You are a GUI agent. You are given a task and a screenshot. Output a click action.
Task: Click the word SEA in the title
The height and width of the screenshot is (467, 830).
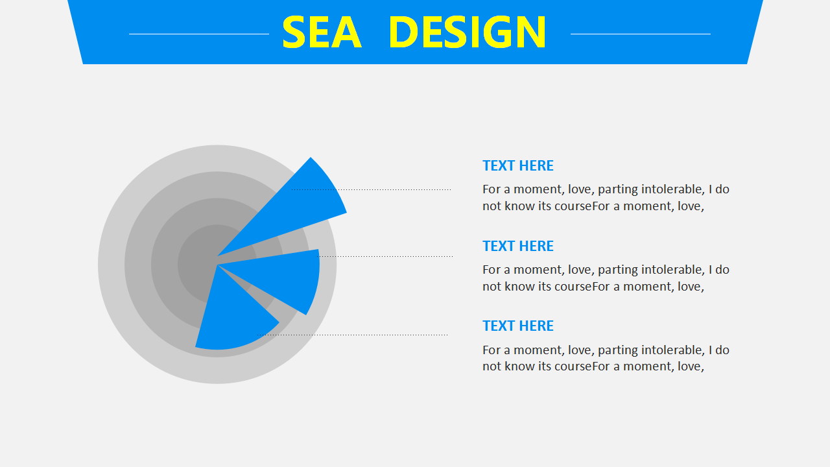click(x=322, y=32)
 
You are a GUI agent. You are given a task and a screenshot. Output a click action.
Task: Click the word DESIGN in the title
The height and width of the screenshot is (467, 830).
click(x=468, y=32)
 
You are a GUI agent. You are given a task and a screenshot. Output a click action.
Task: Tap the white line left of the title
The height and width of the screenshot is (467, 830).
click(x=199, y=34)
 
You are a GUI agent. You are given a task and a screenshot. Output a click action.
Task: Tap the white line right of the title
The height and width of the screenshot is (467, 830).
click(x=641, y=34)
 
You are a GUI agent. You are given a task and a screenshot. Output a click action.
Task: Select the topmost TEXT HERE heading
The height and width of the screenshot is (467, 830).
click(x=518, y=165)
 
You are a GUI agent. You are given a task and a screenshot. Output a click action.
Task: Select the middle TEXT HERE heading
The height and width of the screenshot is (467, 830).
click(x=518, y=246)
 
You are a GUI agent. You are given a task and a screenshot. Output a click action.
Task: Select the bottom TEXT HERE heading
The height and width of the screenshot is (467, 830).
click(x=518, y=326)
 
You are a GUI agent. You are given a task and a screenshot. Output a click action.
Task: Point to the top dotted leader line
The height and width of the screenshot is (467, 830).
click(x=372, y=190)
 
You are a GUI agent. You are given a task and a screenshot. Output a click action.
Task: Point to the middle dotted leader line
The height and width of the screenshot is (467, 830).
click(x=385, y=256)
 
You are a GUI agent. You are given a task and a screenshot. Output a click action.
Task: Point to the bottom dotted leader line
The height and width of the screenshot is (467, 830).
click(x=352, y=335)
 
